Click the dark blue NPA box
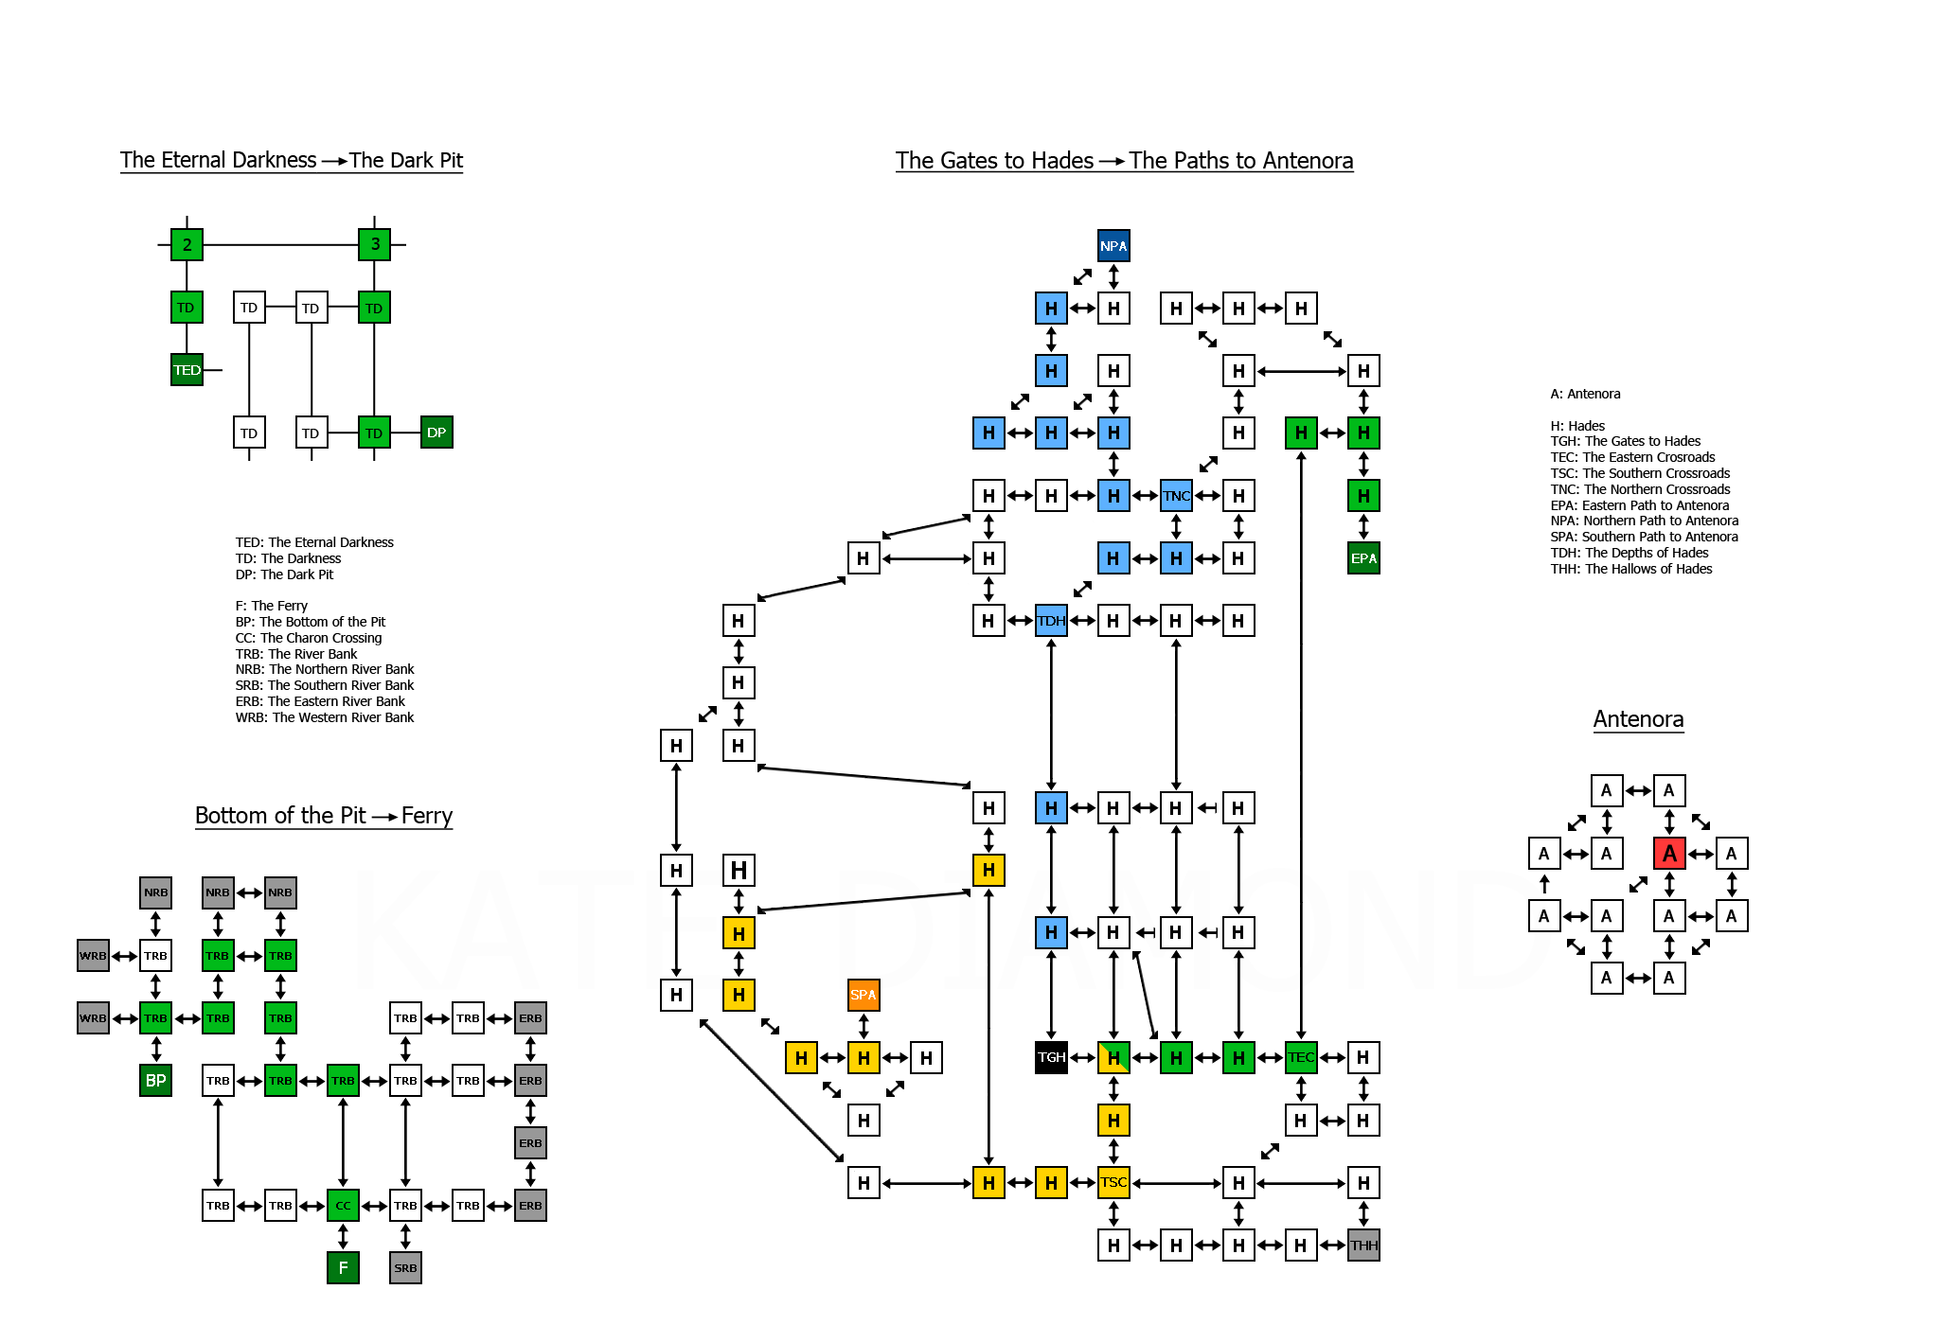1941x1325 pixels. tap(1113, 246)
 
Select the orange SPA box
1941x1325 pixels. tap(864, 995)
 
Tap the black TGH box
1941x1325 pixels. tap(1051, 1057)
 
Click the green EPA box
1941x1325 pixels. tap(1363, 558)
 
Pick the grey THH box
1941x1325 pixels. tap(1363, 1245)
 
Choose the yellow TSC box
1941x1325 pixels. tap(1113, 1183)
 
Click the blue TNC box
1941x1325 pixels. tap(1176, 496)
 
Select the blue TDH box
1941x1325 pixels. tap(1051, 621)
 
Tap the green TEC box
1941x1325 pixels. tap(1301, 1057)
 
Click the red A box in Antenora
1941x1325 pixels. tap(1669, 854)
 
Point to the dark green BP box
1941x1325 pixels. tap(156, 1081)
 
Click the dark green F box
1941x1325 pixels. tap(343, 1268)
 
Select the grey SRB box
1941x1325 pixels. tap(405, 1268)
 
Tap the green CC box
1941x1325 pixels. tap(343, 1206)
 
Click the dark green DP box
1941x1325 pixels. tap(436, 433)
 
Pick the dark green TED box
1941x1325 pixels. tap(187, 370)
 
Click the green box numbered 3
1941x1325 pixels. tap(375, 244)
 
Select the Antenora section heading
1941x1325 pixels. tap(1638, 719)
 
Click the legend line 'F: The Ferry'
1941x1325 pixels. tap(272, 606)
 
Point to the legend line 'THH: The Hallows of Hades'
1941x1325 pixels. tap(1631, 569)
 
